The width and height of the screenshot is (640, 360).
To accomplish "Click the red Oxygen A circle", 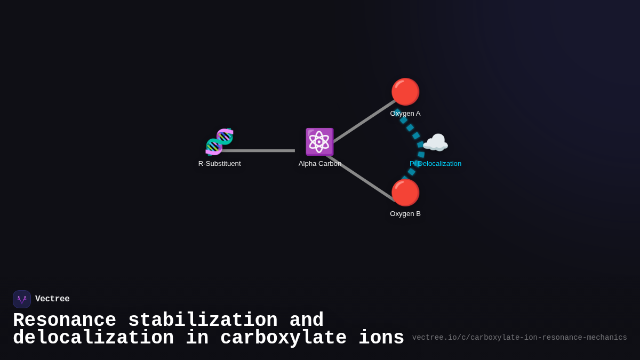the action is [x=405, y=92].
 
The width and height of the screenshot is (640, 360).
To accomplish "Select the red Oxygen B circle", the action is [x=405, y=193].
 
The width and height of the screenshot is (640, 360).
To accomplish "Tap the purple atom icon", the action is [x=319, y=142].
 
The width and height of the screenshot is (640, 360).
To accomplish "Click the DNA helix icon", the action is [x=219, y=142].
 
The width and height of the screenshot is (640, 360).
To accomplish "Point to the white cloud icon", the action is [x=435, y=142].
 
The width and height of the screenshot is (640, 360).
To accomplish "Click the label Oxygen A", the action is [x=405, y=114].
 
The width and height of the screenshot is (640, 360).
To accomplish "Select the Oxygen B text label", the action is [x=405, y=214].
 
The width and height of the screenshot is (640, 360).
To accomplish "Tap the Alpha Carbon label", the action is [x=319, y=164].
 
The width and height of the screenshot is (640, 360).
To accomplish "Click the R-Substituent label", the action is [x=219, y=164].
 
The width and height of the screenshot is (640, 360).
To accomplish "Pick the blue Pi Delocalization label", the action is [x=435, y=164].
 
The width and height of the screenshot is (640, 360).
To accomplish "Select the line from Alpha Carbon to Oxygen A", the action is [x=365, y=121].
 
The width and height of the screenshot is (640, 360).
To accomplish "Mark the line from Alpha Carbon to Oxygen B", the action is [x=361, y=178].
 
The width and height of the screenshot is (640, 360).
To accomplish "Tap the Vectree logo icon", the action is [x=22, y=299].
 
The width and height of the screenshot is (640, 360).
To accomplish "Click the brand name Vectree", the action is [x=52, y=299].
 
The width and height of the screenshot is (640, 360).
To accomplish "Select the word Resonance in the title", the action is [x=65, y=320].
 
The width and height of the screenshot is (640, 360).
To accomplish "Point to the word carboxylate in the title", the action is [x=283, y=338].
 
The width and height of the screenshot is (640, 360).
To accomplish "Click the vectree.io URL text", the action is [x=519, y=338].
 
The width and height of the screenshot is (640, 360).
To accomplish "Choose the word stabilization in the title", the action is [x=203, y=320].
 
